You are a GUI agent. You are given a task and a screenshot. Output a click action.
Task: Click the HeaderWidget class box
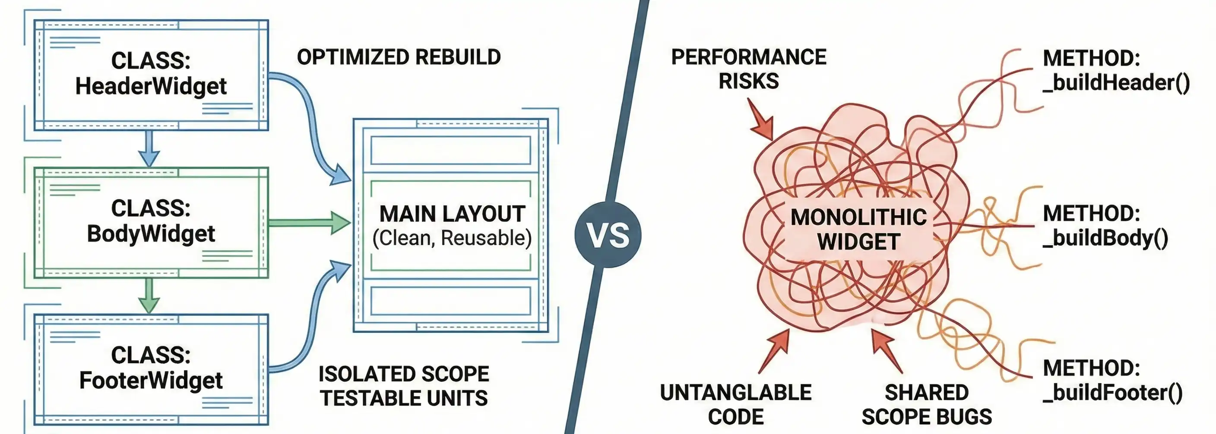(x=151, y=75)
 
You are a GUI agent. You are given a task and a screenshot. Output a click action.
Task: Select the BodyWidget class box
(x=151, y=222)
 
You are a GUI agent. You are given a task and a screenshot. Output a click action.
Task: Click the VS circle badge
(x=608, y=234)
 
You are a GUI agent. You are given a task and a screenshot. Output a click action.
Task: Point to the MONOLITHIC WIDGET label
(x=858, y=229)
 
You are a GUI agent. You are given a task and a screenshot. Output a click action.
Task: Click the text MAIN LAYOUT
(x=452, y=214)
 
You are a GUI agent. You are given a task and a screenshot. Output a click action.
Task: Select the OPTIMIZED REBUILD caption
(x=399, y=57)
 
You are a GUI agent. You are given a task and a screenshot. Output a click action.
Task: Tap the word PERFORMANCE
(x=749, y=57)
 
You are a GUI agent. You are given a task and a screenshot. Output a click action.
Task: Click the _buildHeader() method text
(x=1116, y=83)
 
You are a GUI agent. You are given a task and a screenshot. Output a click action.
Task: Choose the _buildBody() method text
(x=1105, y=238)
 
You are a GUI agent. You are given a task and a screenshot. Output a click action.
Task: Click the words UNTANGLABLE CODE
(x=736, y=404)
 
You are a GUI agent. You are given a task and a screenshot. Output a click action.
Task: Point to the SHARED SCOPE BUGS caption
(x=927, y=404)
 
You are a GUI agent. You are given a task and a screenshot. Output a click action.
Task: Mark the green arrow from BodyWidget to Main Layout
(x=310, y=223)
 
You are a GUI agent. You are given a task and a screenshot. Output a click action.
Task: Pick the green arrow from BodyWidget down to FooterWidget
(x=149, y=296)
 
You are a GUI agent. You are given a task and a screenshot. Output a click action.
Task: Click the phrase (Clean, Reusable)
(x=452, y=238)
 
